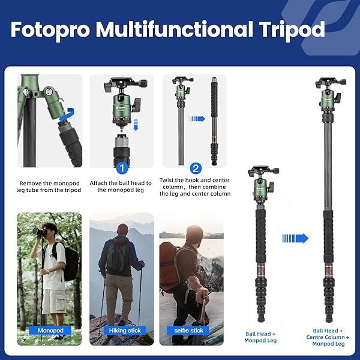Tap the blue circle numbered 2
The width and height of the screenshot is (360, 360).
[196, 169]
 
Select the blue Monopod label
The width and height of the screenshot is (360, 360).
[50, 330]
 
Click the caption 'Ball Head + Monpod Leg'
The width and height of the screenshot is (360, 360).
[260, 337]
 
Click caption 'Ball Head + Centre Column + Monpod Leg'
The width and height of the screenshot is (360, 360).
[328, 337]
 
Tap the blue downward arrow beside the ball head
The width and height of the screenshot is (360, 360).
[135, 124]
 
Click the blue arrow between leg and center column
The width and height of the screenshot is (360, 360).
[197, 119]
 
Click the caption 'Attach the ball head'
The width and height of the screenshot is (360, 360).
[121, 187]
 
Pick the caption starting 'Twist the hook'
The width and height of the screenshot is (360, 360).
[195, 187]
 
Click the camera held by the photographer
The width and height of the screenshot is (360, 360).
[40, 232]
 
